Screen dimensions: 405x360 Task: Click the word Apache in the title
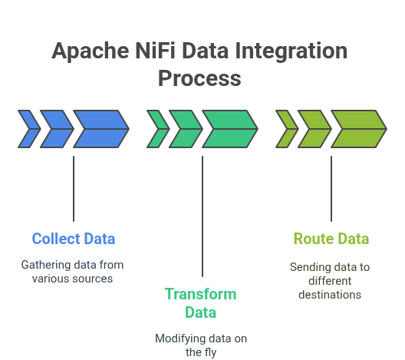coord(91,51)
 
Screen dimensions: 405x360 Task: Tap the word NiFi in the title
coord(155,51)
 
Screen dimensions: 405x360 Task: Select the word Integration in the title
coord(291,51)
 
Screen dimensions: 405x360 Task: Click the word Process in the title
coord(199,78)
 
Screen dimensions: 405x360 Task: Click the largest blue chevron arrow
coord(101,129)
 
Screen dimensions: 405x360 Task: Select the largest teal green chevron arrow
coord(230,129)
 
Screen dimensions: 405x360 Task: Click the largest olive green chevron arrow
coord(359,129)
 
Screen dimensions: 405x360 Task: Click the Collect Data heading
coord(74,239)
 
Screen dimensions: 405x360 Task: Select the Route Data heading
coord(331,239)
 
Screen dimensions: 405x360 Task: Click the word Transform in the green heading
coord(201,294)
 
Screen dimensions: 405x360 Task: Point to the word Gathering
coord(46,265)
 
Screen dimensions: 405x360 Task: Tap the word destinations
coord(330,295)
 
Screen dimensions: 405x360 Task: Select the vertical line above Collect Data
coord(74,189)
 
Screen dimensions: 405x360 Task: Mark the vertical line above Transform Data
coord(202,216)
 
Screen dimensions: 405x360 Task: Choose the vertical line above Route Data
coord(331,189)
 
